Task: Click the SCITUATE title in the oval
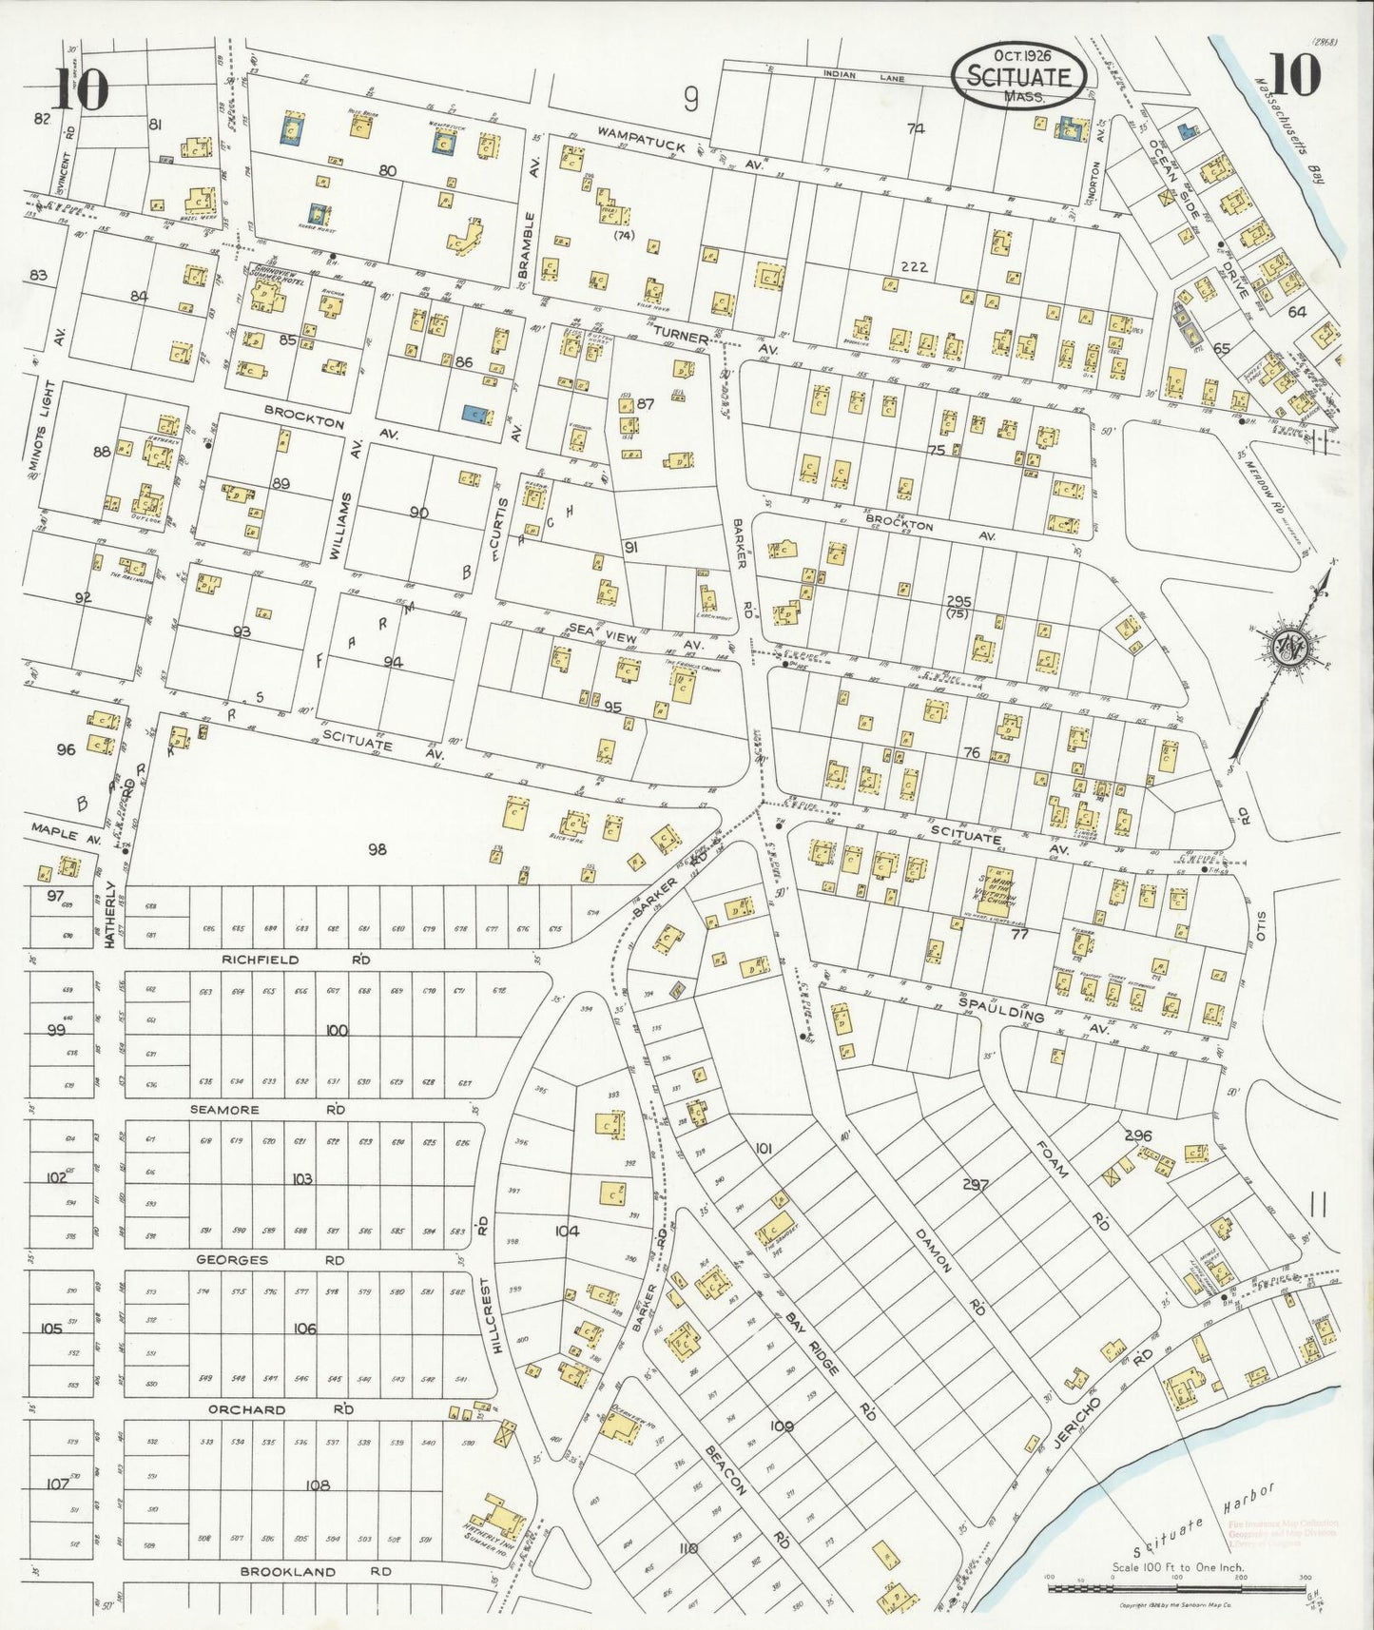coord(1018,76)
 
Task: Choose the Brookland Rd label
coord(314,1572)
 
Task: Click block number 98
coord(377,849)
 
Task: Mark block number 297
coord(976,1184)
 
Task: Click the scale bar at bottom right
coord(1175,1588)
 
